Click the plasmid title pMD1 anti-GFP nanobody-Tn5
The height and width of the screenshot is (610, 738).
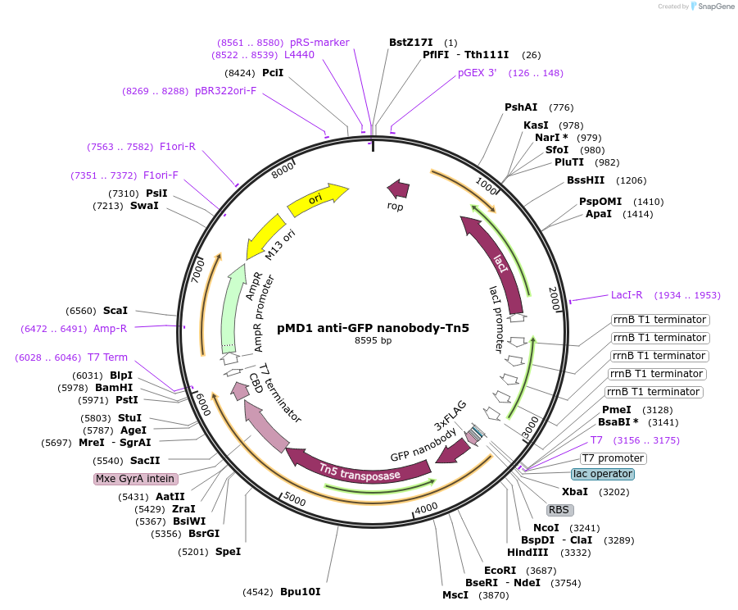(373, 328)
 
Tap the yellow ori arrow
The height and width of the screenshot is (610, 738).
(316, 200)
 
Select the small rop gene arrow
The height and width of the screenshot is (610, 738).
(398, 189)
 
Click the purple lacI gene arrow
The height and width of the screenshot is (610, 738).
(497, 261)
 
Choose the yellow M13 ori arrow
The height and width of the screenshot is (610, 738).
(266, 237)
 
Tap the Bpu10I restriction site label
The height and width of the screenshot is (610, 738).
(301, 591)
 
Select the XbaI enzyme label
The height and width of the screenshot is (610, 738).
(575, 492)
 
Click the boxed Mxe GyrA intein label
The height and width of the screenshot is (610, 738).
(135, 479)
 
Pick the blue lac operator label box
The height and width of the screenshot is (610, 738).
(602, 474)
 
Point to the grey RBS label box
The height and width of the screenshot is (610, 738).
(560, 509)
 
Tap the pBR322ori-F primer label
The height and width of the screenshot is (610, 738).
(225, 91)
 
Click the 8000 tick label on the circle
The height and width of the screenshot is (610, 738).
(282, 171)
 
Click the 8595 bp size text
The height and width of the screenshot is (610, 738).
(373, 340)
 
